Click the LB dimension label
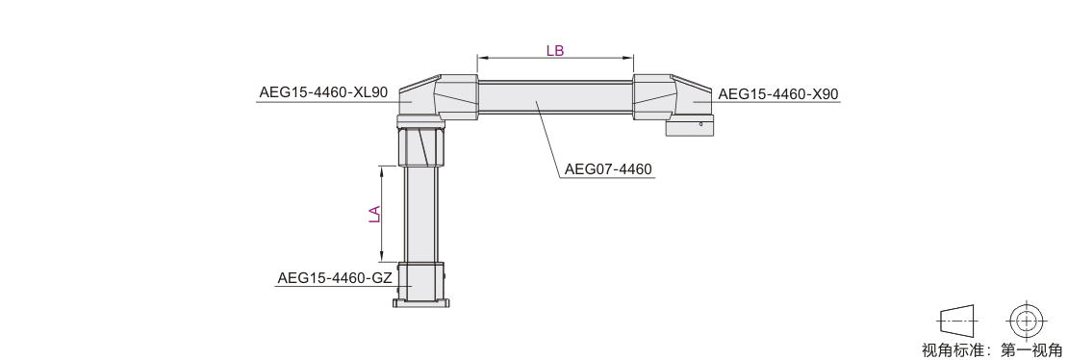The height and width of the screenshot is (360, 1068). click(555, 50)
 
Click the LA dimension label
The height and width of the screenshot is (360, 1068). click(374, 214)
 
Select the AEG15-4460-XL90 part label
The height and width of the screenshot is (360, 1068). click(323, 92)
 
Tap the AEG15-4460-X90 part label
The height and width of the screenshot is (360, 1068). click(778, 94)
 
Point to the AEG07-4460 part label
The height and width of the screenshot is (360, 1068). click(608, 168)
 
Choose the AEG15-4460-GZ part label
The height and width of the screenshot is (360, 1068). click(335, 278)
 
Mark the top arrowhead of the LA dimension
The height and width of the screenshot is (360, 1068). click(381, 170)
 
